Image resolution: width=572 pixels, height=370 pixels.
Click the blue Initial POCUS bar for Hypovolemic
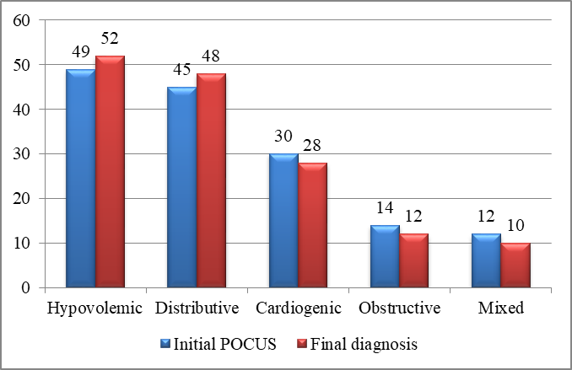81,178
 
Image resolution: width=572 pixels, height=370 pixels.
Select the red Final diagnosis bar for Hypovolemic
111,172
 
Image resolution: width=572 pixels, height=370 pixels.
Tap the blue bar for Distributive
182,187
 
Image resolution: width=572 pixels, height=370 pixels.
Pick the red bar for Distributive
212,180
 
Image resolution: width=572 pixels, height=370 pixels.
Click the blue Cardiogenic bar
283,221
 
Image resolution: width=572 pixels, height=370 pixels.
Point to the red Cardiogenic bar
313,225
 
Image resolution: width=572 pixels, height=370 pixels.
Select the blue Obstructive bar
385,256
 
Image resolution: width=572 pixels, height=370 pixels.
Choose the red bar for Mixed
515,265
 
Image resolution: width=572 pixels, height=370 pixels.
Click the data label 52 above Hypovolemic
110,38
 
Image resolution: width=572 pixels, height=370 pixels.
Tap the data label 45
181,69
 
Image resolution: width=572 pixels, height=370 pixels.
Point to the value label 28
312,145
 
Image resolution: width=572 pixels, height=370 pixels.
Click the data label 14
385,208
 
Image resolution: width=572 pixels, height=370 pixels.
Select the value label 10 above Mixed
515,225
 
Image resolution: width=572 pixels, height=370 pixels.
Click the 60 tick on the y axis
21,20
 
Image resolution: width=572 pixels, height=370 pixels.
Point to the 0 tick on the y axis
25,288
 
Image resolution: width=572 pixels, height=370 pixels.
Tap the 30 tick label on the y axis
21,154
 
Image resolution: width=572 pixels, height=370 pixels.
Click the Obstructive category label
399,308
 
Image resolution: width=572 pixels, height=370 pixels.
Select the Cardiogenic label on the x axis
299,308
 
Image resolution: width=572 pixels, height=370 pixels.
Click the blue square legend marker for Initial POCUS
165,344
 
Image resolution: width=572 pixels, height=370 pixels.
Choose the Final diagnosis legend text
364,344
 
